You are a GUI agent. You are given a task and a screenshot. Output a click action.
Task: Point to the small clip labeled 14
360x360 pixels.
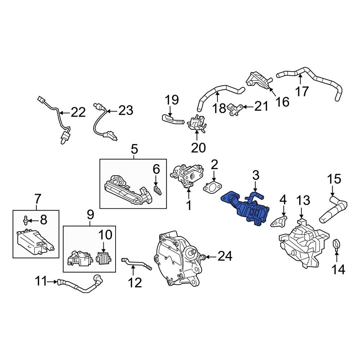pos(336,244)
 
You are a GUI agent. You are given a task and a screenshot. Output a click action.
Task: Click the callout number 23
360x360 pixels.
pos(126,111)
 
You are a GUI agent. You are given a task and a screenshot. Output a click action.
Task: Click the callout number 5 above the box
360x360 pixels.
pos(134,148)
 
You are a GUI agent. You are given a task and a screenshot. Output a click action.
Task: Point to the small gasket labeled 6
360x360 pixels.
pos(157,190)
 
